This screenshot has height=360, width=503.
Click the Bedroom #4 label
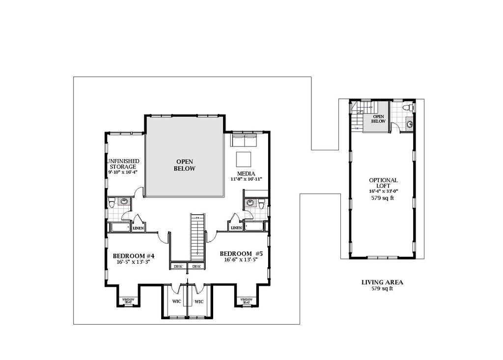[134, 256]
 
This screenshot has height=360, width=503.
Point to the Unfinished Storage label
[123, 164]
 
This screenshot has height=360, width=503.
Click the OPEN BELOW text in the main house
[185, 165]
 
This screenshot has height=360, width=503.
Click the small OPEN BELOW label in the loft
[378, 118]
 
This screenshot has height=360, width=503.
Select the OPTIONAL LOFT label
[383, 183]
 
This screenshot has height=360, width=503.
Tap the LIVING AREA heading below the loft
[382, 282]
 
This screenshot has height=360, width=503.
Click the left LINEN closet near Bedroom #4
[138, 228]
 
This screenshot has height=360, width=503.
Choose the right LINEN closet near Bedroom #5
[236, 228]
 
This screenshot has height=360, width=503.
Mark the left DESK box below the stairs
[177, 266]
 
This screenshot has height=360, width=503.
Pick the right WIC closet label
[199, 301]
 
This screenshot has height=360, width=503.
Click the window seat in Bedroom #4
[128, 300]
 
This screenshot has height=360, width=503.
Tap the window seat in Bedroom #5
[246, 300]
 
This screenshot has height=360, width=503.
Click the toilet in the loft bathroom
[408, 108]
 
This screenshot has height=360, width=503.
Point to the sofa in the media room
[243, 141]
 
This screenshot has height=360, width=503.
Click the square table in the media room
[244, 160]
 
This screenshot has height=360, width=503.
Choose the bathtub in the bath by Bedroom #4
[119, 227]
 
